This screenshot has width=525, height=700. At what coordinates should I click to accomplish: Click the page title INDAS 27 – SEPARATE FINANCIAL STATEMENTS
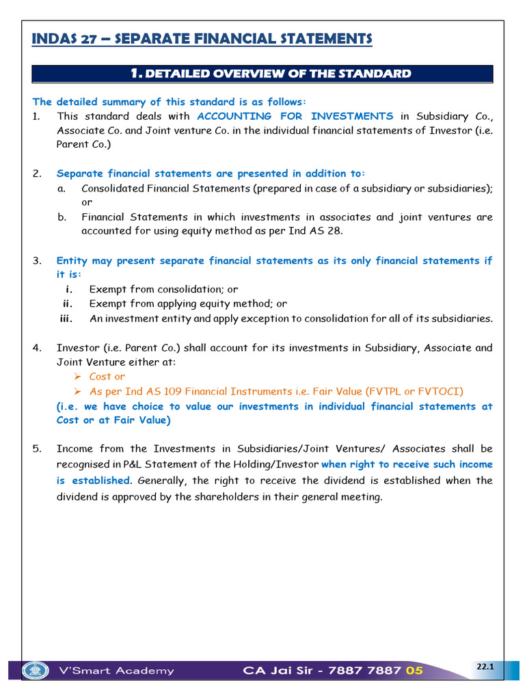tap(202, 39)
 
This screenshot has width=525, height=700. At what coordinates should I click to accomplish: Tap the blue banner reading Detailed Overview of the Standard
tap(270, 74)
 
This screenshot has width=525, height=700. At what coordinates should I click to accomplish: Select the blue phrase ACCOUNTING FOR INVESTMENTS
tap(295, 116)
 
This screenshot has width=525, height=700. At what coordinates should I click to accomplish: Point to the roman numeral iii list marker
tap(66, 319)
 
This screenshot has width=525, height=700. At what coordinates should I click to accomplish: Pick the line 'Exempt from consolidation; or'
tap(163, 289)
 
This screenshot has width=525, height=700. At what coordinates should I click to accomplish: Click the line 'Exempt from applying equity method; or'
tap(188, 304)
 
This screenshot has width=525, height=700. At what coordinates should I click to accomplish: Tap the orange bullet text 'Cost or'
tap(107, 377)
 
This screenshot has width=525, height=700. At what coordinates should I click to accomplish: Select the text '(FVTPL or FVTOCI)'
tap(414, 391)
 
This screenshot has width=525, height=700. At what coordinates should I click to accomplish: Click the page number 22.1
tap(485, 666)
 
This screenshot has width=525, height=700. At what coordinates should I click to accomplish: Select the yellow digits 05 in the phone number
tap(414, 671)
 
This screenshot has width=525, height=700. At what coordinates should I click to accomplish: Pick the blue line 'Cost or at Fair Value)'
tap(113, 420)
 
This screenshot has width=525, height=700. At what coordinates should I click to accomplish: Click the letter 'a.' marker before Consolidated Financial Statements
tap(62, 188)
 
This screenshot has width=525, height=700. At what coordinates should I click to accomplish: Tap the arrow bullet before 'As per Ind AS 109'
tap(77, 391)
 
